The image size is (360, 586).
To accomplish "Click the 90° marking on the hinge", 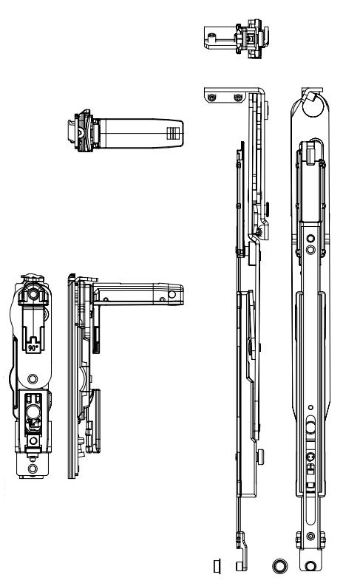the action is point(33,348).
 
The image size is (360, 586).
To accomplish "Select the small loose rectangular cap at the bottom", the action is point(217,566).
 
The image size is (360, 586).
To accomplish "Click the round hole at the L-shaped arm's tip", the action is point(172,295).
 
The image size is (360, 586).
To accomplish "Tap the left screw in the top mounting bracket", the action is point(212,98).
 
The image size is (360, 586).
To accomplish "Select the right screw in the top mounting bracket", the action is point(238,98).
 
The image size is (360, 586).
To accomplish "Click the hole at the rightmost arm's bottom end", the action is point(310,566).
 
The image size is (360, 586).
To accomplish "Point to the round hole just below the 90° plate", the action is point(33,379).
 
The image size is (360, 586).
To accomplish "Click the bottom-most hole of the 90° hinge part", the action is point(33,469).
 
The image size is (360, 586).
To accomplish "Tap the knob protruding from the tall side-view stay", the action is point(260,457).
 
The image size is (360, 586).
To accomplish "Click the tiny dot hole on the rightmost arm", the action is point(310,407).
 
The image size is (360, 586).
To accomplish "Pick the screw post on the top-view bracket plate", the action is point(212,37).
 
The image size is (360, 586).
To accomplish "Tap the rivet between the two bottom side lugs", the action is point(310,536).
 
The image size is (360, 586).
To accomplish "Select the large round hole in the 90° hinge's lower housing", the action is point(33,411).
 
